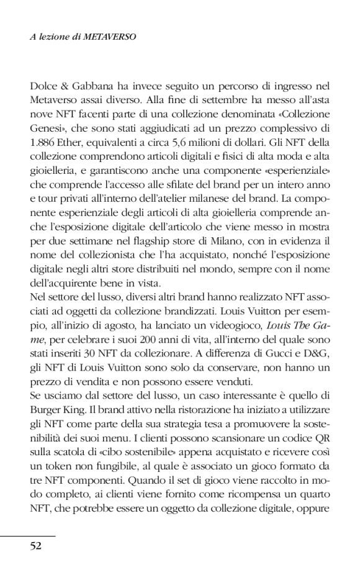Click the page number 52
(x=35, y=546)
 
